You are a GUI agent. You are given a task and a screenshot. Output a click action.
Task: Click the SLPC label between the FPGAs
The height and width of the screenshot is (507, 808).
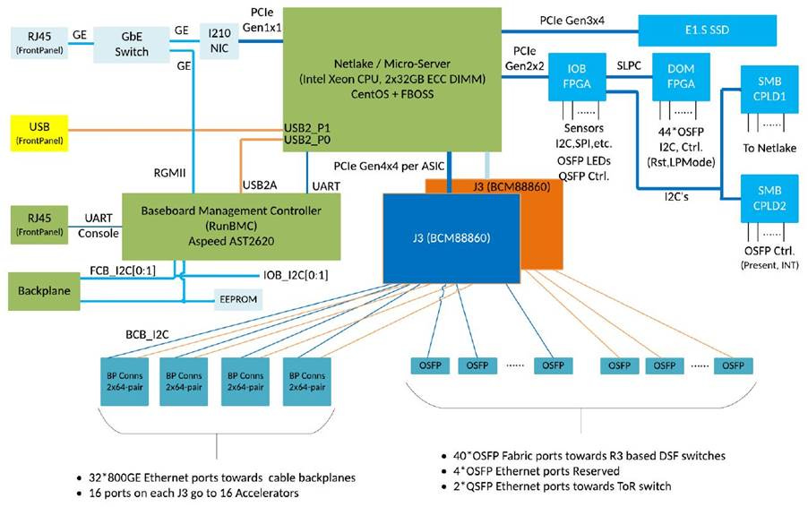click(x=627, y=65)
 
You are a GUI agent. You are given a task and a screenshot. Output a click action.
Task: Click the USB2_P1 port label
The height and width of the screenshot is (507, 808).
click(x=305, y=126)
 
